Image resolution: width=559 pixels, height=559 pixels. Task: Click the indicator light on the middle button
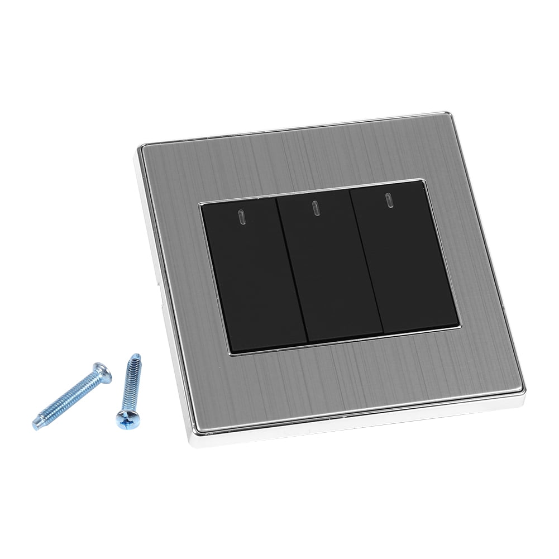click(x=315, y=208)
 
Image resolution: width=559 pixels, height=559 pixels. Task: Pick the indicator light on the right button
click(x=387, y=200)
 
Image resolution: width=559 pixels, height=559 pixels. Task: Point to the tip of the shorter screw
click(x=136, y=356)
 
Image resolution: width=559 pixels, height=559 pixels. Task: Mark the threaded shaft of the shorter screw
click(x=130, y=385)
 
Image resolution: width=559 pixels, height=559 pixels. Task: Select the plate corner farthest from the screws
click(x=447, y=115)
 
